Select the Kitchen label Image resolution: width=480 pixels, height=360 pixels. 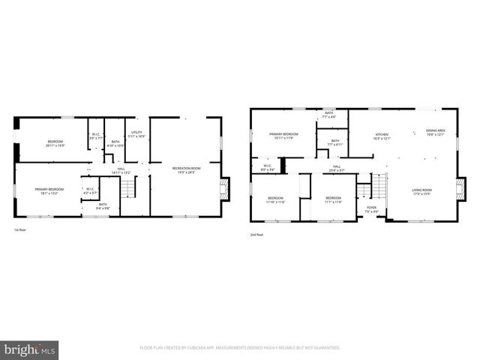[382, 134]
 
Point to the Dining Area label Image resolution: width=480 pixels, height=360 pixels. [436, 131]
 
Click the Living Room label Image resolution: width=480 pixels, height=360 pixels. [421, 190]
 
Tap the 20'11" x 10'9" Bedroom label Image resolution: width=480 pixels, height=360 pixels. [55, 142]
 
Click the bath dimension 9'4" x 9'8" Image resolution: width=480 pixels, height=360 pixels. [103, 208]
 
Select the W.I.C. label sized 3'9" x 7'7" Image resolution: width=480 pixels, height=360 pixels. [96, 136]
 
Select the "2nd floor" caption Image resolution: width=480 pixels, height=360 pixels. [257, 235]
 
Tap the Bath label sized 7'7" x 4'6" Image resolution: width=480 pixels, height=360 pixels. [328, 115]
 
